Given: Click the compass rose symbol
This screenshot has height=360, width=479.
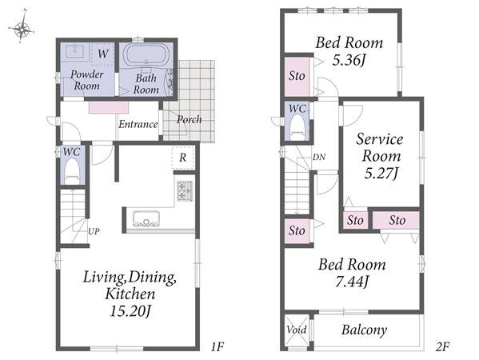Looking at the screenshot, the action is tap(22, 29).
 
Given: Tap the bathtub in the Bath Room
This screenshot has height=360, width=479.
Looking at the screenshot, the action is tap(146, 54).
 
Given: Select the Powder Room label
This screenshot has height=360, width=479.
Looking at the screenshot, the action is tap(86, 80).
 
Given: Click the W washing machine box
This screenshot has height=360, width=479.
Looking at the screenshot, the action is tap(102, 54).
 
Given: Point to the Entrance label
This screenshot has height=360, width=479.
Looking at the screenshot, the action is tap(138, 124).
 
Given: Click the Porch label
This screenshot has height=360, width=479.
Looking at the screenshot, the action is tap(189, 119).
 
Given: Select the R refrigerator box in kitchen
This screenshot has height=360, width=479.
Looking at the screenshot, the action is tap(182, 158).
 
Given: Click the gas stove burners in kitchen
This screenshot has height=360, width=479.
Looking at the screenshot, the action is tap(185, 190).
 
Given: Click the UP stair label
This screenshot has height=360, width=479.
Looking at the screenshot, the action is tap(94, 231).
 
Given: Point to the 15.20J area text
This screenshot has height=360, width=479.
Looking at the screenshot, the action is tap(130, 311).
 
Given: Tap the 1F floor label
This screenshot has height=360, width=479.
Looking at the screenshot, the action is tap(218, 347).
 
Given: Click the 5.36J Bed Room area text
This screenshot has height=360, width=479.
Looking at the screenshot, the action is tap(349, 61).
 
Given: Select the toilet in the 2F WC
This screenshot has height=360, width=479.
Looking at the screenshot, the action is tap(297, 127).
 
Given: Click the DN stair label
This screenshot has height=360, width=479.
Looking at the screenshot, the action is tap(318, 157).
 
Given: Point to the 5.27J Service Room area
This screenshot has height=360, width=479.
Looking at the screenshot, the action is tap(381, 174).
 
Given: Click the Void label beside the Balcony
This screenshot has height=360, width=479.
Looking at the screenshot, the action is tap(297, 330).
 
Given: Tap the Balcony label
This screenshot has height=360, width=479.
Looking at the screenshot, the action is tap(364, 330).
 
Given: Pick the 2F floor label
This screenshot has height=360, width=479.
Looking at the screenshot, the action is tap(442, 347).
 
